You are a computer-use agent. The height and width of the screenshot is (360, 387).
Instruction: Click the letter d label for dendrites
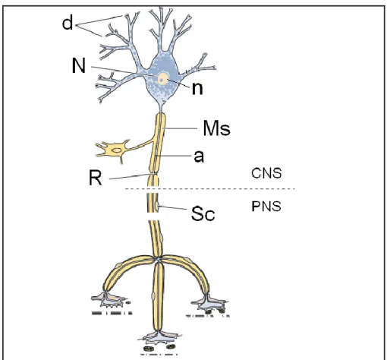68,23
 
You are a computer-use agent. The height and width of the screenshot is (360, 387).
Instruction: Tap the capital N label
79,65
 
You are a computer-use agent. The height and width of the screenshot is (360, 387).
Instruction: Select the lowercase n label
197,89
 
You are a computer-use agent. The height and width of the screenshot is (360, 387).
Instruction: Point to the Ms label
217,128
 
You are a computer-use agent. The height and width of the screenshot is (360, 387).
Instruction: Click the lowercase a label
199,156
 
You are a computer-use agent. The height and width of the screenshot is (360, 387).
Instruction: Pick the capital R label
96,178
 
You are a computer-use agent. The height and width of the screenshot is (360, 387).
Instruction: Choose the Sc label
203,213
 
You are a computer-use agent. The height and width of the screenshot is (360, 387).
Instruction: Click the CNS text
266,173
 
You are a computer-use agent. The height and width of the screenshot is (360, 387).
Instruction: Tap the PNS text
266,207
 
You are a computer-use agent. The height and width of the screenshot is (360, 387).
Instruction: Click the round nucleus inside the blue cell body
163,79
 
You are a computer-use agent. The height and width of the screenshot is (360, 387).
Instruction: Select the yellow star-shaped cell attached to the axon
113,150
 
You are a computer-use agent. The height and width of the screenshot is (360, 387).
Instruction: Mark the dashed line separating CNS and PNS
210,189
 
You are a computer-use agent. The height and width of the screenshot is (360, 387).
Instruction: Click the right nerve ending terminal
210,304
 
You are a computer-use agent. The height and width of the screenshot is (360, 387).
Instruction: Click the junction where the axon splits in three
159,259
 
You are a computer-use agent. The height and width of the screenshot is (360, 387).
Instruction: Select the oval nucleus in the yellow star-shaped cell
116,150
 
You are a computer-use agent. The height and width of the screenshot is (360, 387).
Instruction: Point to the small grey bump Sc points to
157,207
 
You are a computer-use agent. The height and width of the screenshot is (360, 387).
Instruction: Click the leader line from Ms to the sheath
180,128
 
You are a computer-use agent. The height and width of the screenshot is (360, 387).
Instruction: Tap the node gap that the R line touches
153,174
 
